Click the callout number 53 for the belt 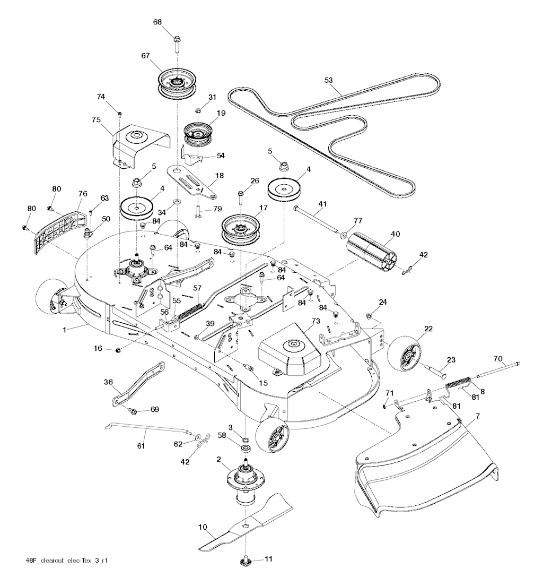(x=328, y=80)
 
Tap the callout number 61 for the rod (x=141, y=446)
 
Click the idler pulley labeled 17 (x=242, y=230)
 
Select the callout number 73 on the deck (x=316, y=321)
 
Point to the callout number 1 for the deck (x=65, y=330)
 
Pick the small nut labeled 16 (x=119, y=350)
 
